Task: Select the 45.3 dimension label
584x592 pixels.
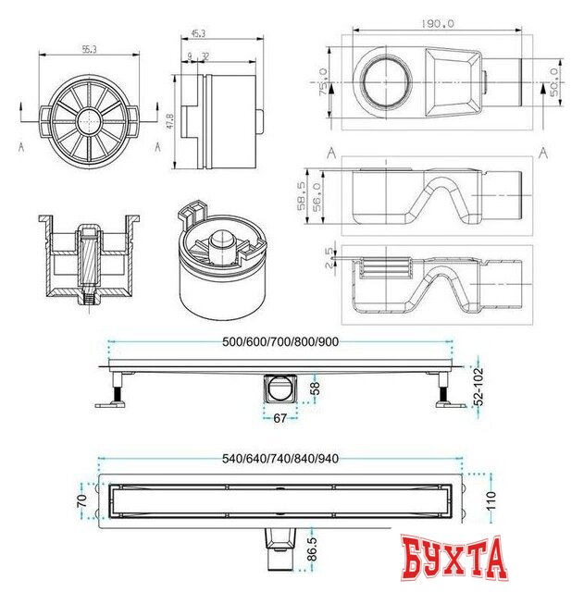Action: (197, 34)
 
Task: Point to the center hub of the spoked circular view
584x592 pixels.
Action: (87, 120)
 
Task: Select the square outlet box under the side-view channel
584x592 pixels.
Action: (280, 389)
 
